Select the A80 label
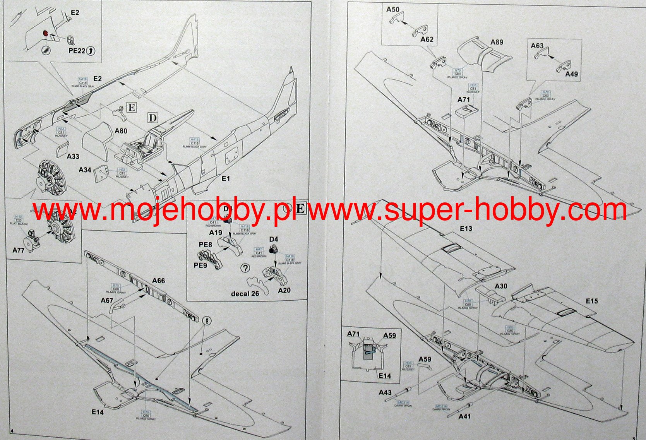[x=121, y=131]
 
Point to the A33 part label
[x=73, y=156]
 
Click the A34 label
[x=85, y=170]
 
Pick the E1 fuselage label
[x=226, y=178]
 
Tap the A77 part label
[x=18, y=250]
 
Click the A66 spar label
[x=159, y=281]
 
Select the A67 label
[x=107, y=300]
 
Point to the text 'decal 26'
[x=245, y=293]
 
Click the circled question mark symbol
[x=245, y=268]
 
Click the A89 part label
[x=497, y=42]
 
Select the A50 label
[x=393, y=10]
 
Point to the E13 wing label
[x=466, y=229]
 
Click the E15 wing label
[x=592, y=301]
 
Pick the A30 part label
[x=501, y=286]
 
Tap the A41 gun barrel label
[x=464, y=416]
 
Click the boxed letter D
[x=153, y=118]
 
